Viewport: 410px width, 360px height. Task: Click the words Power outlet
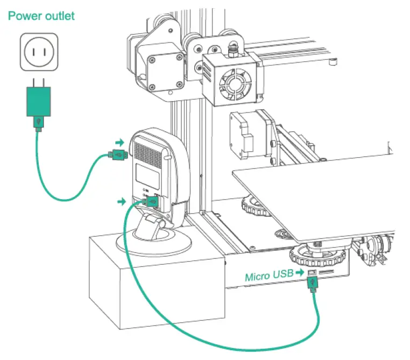point(41,16)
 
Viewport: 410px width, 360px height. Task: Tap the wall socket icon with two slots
point(38,52)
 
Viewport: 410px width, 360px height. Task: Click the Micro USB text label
point(268,277)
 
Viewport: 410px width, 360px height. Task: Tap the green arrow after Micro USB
point(299,273)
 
